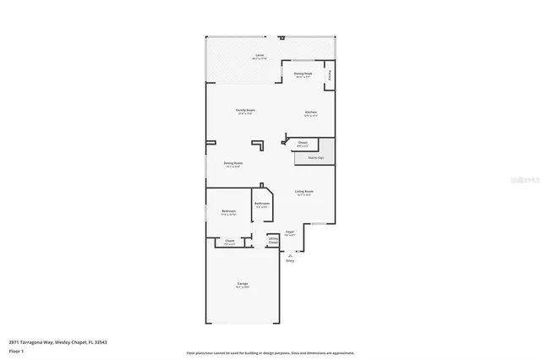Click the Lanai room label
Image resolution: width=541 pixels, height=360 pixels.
coord(260,57)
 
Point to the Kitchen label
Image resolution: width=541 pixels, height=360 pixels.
coord(310,112)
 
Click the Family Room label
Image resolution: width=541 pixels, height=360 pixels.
coord(245,111)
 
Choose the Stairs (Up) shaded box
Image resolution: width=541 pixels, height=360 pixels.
coord(314,157)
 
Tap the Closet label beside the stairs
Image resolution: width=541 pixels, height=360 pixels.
coord(302,144)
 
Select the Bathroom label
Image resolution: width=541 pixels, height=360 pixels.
coord(261,204)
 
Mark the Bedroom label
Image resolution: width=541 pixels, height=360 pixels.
coord(228,211)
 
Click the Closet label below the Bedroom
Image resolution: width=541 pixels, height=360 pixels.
coord(229,242)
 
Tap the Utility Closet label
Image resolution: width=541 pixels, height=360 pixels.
coord(273,240)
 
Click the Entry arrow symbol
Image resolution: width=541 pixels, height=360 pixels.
coord(290,253)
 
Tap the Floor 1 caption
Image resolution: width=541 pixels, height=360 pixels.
coord(16,350)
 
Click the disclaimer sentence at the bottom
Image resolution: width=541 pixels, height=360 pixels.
coord(270,352)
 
